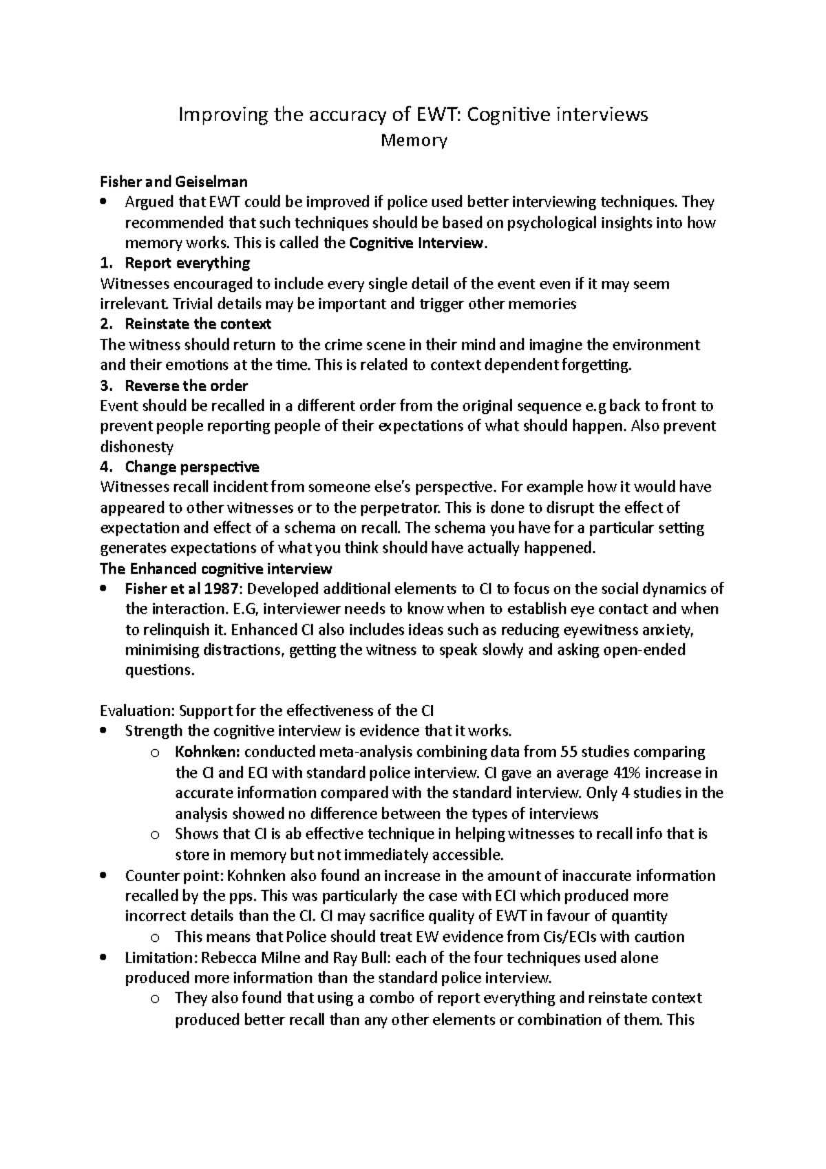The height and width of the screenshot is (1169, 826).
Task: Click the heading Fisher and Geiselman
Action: point(173,182)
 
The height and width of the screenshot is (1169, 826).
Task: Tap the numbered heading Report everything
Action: point(187,263)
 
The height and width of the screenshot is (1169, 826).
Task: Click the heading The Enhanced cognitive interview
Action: point(215,569)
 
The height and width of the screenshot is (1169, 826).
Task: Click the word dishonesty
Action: point(136,447)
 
